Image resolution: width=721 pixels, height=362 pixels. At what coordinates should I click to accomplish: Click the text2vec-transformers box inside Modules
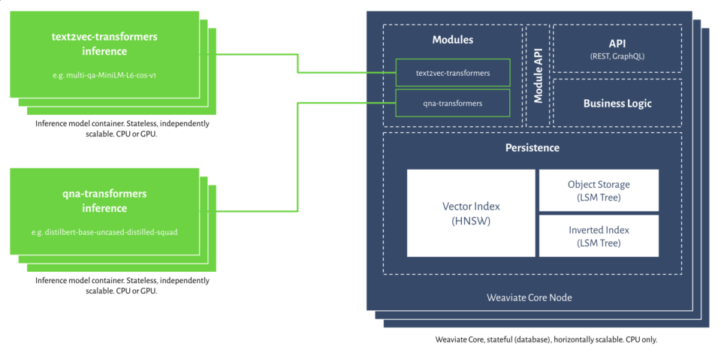[x=453, y=73]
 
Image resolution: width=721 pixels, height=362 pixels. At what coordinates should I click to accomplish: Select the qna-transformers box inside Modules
[x=453, y=103]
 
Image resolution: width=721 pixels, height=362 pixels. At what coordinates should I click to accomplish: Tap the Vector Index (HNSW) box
[x=471, y=213]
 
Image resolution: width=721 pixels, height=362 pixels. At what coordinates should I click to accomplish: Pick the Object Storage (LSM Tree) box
[x=599, y=190]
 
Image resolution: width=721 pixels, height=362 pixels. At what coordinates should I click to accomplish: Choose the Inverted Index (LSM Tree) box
[x=599, y=236]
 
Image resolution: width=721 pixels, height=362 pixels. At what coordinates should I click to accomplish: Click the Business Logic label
[x=617, y=103]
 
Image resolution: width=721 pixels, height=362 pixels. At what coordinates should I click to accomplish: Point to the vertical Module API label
[x=538, y=76]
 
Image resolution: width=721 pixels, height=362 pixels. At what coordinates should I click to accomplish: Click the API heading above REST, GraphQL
[x=617, y=43]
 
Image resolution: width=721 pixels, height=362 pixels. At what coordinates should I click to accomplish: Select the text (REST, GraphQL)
[x=617, y=56]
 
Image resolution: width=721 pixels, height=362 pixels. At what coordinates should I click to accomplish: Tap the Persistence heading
[x=532, y=148]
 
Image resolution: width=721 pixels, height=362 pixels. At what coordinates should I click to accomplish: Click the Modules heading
[x=453, y=40]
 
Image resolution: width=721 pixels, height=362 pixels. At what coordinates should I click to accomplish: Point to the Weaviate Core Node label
[x=529, y=297]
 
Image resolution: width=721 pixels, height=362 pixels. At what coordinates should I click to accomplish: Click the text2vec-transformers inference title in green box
[x=104, y=44]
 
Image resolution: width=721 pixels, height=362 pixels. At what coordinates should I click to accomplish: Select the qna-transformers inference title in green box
[x=104, y=201]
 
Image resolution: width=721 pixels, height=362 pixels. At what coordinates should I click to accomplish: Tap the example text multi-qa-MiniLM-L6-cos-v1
[x=104, y=74]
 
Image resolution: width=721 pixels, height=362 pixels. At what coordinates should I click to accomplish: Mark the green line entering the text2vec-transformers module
[x=345, y=73]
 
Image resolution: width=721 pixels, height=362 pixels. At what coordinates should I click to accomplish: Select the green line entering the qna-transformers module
[x=345, y=103]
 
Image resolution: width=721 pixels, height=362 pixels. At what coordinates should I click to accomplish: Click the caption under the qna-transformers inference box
[x=122, y=285]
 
